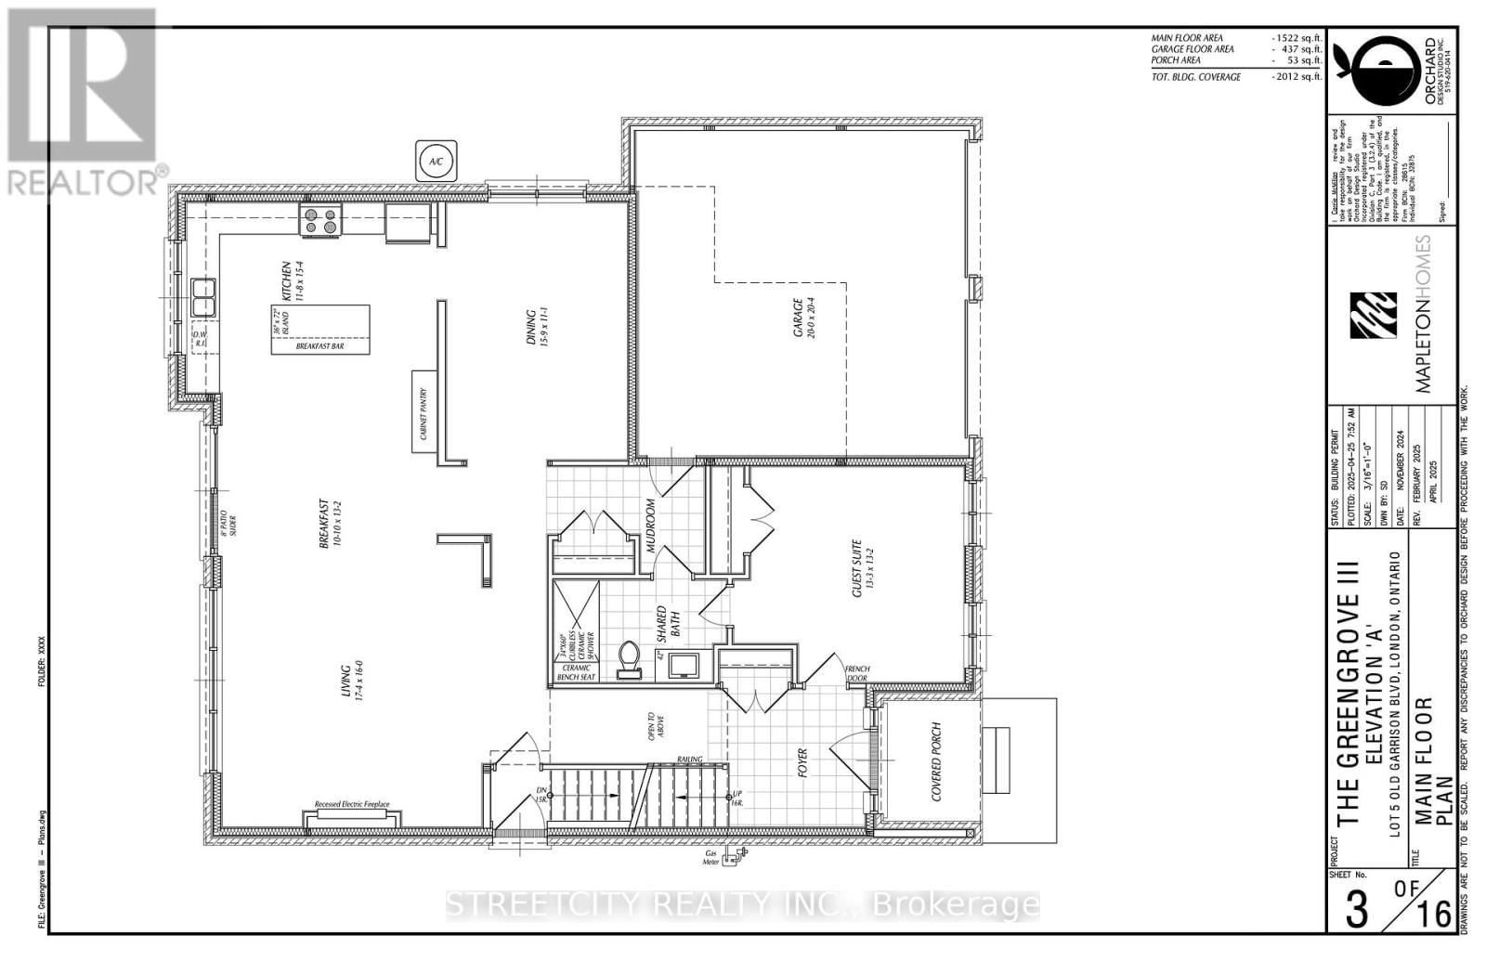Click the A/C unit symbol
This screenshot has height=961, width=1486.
coord(436,161)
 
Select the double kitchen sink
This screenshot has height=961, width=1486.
coord(203,298)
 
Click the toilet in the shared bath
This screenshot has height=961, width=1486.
coord(629,658)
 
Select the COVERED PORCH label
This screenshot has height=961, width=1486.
coord(936,761)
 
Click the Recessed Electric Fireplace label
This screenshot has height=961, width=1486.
coord(351,805)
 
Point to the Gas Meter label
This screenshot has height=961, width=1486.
coord(713,856)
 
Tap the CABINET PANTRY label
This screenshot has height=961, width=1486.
coord(424,413)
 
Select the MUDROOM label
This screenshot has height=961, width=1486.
coord(651,526)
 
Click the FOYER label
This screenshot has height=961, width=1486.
coord(802,763)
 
